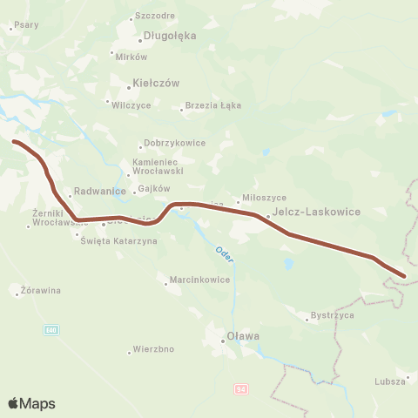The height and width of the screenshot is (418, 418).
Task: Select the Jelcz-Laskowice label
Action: pos(305,211)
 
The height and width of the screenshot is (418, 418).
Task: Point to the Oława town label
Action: pos(233,335)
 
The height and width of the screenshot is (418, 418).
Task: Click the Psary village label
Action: pos(26,25)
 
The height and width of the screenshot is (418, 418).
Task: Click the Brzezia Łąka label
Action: pos(212,105)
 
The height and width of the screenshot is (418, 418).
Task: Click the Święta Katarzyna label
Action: pos(118,240)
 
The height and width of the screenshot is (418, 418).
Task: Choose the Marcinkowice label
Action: pos(199,280)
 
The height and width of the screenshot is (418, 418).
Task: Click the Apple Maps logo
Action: pos(31,402)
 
